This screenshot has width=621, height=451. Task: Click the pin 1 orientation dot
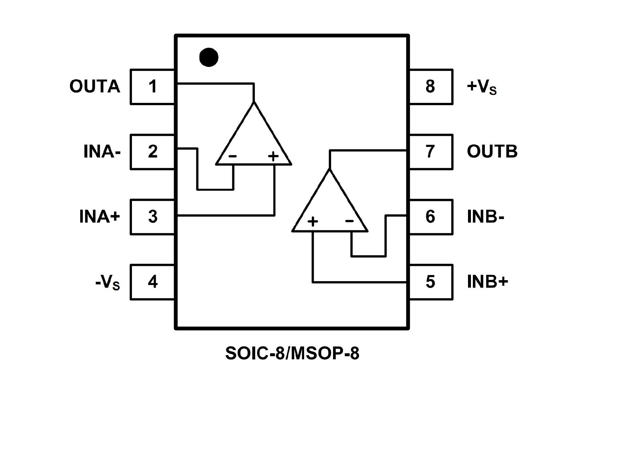pyautogui.click(x=209, y=58)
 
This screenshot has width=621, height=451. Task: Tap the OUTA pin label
pyautogui.click(x=95, y=86)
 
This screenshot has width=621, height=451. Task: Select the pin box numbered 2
pyautogui.click(x=152, y=152)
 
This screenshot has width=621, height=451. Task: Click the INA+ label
pyautogui.click(x=100, y=216)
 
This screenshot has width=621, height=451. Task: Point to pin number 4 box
pyautogui.click(x=152, y=282)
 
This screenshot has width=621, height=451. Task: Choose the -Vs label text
pyautogui.click(x=107, y=282)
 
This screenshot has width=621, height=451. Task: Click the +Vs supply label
pyautogui.click(x=482, y=87)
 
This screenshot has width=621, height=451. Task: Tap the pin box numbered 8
pyautogui.click(x=430, y=87)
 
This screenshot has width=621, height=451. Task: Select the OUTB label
pyautogui.click(x=492, y=151)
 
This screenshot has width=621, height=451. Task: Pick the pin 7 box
pyautogui.click(x=430, y=152)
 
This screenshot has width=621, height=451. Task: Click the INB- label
pyautogui.click(x=485, y=217)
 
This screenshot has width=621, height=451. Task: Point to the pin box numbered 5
pyautogui.click(x=430, y=282)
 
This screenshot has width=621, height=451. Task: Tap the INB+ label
pyautogui.click(x=487, y=282)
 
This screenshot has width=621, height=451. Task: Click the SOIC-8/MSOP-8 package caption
pyautogui.click(x=292, y=353)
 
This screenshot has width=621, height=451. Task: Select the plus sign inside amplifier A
pyautogui.click(x=273, y=156)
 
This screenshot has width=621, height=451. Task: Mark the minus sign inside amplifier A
pyautogui.click(x=233, y=157)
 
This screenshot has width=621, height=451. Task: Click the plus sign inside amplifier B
pyautogui.click(x=313, y=222)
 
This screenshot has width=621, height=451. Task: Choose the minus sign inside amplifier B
pyautogui.click(x=350, y=221)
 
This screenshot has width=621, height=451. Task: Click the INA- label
pyautogui.click(x=102, y=151)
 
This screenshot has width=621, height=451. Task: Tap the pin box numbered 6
pyautogui.click(x=430, y=217)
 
